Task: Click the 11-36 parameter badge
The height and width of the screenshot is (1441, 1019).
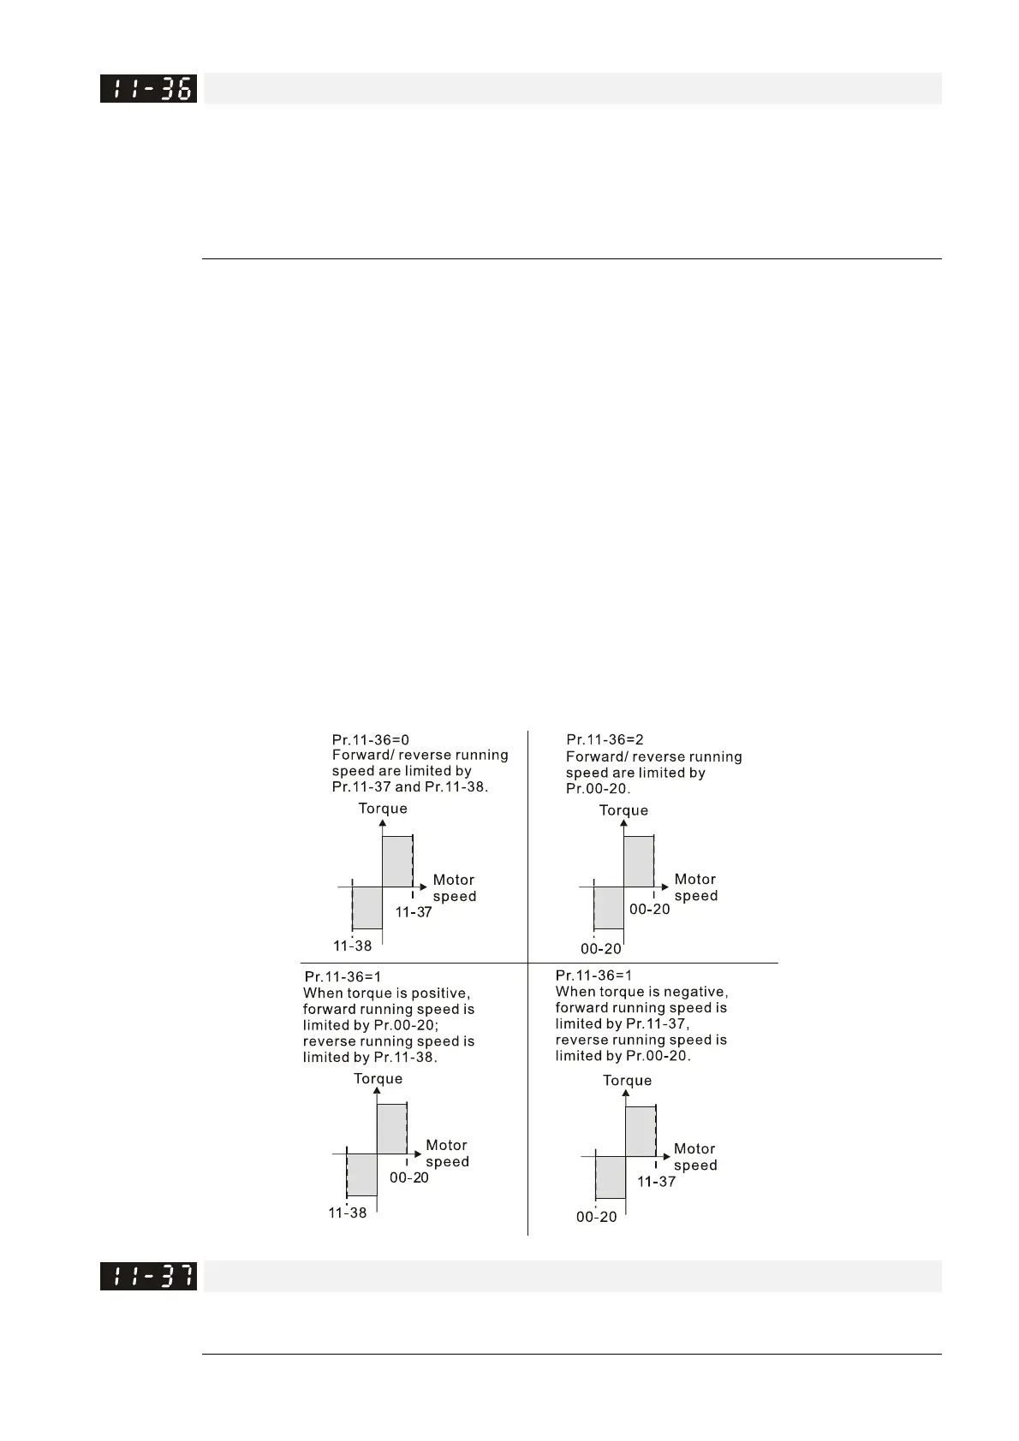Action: [x=148, y=89]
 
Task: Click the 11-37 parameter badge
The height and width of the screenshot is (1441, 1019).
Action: [x=148, y=1276]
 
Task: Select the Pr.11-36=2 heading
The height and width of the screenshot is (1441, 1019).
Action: [x=605, y=739]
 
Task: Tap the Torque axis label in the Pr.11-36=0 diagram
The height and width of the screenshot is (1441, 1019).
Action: [x=383, y=809]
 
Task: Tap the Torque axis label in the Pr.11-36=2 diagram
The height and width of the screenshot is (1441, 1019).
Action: [x=623, y=810]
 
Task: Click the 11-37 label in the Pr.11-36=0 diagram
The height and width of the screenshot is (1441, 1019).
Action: [x=414, y=912]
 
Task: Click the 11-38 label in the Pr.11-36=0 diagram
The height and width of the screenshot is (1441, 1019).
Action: [x=352, y=946]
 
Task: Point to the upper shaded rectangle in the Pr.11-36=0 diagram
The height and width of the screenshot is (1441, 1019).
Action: [x=396, y=862]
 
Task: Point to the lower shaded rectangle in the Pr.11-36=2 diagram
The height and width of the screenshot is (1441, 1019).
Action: [x=609, y=908]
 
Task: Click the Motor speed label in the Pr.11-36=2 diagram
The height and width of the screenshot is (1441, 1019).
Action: [x=695, y=887]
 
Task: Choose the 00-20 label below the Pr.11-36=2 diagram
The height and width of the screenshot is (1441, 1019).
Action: [x=601, y=949]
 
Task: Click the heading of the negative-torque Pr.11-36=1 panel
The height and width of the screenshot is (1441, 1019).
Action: [x=593, y=975]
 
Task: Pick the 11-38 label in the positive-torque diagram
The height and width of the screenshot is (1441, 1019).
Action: [x=347, y=1213]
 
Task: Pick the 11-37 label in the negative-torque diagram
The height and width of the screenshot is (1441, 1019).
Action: [x=656, y=1182]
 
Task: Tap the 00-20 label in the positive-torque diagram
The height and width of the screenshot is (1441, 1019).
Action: [x=409, y=1177]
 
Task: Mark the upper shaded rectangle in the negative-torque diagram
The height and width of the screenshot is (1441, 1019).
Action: [x=641, y=1131]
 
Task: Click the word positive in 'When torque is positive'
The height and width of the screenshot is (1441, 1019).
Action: [x=441, y=993]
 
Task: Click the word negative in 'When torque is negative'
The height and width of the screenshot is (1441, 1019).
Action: [x=697, y=992]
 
